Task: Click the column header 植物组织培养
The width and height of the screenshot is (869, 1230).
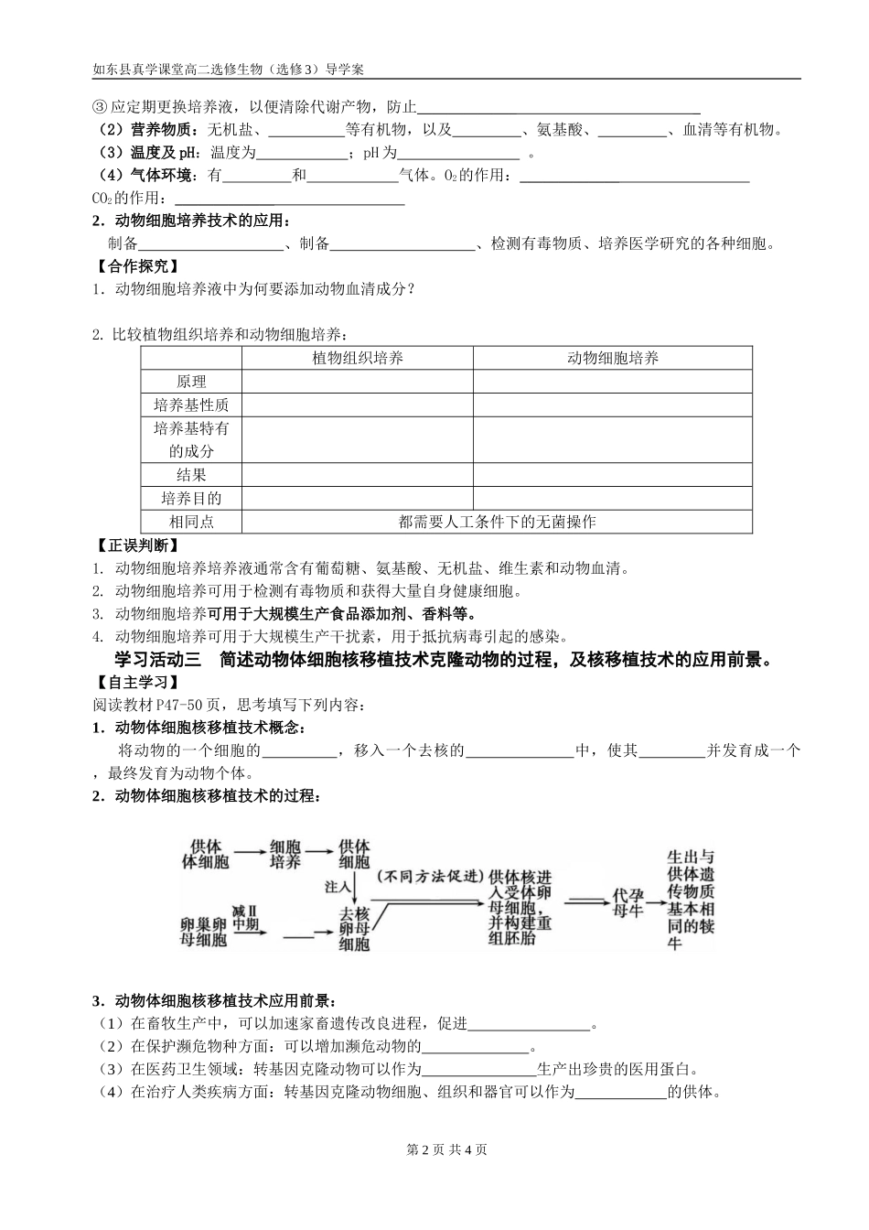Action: tap(357, 358)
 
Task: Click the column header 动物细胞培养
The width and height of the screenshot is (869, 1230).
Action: tap(612, 358)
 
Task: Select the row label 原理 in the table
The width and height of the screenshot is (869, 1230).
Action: tap(191, 382)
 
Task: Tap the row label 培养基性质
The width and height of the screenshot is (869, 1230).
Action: tap(191, 405)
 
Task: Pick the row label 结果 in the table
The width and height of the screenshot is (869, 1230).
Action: tap(191, 475)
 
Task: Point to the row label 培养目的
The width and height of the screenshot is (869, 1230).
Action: tap(191, 499)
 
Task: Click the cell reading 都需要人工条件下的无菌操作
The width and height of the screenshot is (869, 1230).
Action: tap(497, 522)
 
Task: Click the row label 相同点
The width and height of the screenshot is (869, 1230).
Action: tap(191, 522)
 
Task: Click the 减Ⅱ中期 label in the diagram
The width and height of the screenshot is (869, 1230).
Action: tap(246, 917)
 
